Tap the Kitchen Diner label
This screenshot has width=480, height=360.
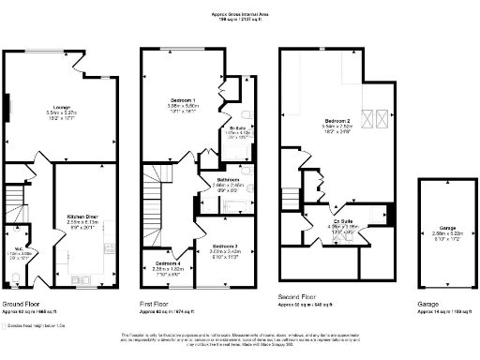83,215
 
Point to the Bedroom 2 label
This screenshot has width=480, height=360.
338,121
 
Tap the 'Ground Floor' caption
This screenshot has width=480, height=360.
21,305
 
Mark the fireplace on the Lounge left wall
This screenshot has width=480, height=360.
8,106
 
